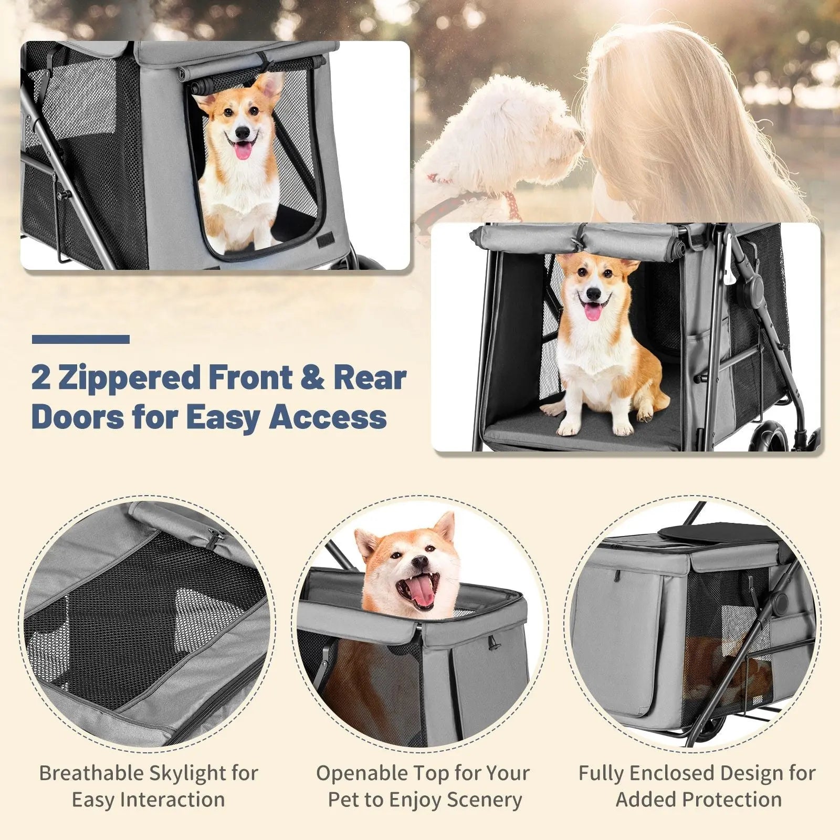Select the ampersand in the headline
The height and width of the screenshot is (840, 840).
pos(314,378)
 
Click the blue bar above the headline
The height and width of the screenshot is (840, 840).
pos(81,339)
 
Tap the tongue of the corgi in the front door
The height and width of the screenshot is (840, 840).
pos(242,152)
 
